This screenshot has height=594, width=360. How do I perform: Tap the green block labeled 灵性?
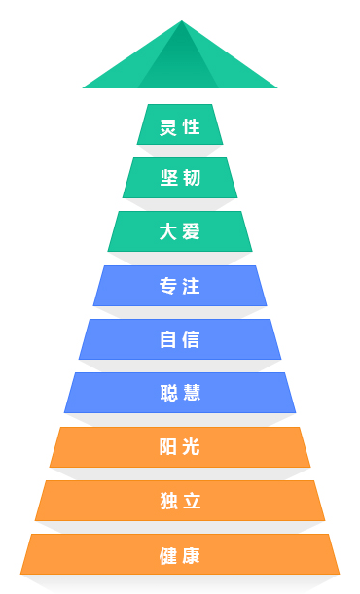pos(180,124)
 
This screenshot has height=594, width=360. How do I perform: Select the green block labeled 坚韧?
pos(180,178)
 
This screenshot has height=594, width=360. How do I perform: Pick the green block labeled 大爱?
pos(180,231)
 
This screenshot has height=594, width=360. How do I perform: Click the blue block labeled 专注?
pos(180,286)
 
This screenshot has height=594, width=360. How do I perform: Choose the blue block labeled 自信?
pos(180,339)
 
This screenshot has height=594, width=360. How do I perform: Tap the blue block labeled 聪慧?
pos(180,393)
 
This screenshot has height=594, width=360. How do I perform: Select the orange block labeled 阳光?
pos(180,447)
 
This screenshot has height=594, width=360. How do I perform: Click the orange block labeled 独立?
pos(180,501)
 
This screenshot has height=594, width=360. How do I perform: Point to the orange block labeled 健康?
pos(180,554)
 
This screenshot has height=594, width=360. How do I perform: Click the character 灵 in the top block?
pos(168,126)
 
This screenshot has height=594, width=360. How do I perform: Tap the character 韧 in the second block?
pos(192,178)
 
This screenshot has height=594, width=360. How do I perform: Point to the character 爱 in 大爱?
pos(192,231)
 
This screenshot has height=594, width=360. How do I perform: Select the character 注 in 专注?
pos(192,286)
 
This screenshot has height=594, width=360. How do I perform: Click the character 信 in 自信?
pos(192,339)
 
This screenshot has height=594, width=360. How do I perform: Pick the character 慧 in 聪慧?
pos(192,393)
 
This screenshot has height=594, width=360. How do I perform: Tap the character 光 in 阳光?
pos(192,447)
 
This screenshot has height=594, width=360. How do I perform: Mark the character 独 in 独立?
pos(168,501)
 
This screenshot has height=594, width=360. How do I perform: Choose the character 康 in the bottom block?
pos(192,555)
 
